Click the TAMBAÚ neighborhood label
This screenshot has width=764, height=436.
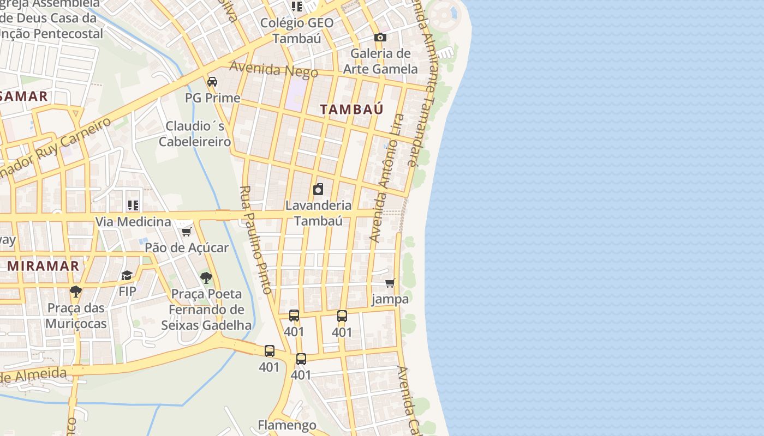[351, 109]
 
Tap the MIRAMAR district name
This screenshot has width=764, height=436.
[43, 266]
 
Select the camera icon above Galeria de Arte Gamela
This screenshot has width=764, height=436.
[380, 37]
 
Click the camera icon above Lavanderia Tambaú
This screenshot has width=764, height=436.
[318, 189]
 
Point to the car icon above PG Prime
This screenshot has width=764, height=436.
[212, 82]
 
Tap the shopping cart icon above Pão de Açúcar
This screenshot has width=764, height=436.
[186, 232]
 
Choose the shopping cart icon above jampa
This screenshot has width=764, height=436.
[390, 283]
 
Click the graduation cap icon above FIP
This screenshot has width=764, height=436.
[127, 275]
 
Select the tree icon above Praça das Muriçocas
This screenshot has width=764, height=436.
[76, 292]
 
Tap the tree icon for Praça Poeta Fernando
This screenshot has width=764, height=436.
[206, 278]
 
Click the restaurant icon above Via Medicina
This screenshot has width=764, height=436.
[133, 205]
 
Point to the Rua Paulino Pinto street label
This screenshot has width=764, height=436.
[255, 240]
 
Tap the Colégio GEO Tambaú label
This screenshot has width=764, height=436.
[296, 31]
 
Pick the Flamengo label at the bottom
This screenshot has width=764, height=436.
[287, 425]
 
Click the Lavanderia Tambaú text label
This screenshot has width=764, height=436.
[319, 213]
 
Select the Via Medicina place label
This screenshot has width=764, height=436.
[133, 222]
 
